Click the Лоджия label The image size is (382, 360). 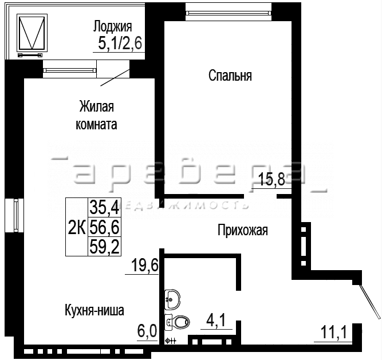coord(113,27)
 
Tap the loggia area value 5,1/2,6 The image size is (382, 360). coord(120,43)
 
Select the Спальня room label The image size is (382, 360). coord(230,75)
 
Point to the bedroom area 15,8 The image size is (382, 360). coord(271,179)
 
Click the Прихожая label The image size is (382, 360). coord(243,230)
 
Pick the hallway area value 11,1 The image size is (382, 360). coord(333,333)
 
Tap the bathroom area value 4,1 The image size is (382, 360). coord(216,320)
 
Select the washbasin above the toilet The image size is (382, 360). coord(172,299)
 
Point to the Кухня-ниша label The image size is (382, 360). coord(94,310)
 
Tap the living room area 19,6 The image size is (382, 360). coord(145,266)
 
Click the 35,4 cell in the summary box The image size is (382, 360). coord(104,207)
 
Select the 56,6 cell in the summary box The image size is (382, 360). coord(104,227)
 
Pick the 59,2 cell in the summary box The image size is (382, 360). coord(104,246)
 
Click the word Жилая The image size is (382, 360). coord(96,106)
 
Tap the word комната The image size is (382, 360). coord(96,124)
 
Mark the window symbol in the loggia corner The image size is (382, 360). coord(32,33)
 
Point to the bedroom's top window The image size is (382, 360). coord(229,12)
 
